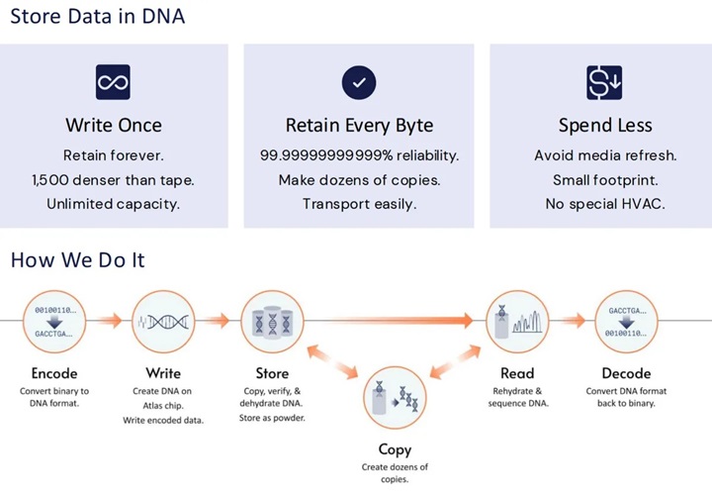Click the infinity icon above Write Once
click(x=113, y=82)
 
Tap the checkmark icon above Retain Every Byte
click(x=358, y=82)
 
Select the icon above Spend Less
click(x=603, y=82)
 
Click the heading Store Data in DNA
click(x=97, y=17)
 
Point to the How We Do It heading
click(x=77, y=259)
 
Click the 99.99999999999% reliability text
click(x=359, y=155)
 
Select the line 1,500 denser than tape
click(x=113, y=179)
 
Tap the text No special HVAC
click(x=603, y=203)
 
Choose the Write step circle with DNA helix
click(x=163, y=320)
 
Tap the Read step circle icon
click(x=517, y=320)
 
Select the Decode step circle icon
click(x=626, y=320)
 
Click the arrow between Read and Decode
click(x=572, y=320)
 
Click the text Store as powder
click(x=272, y=417)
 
